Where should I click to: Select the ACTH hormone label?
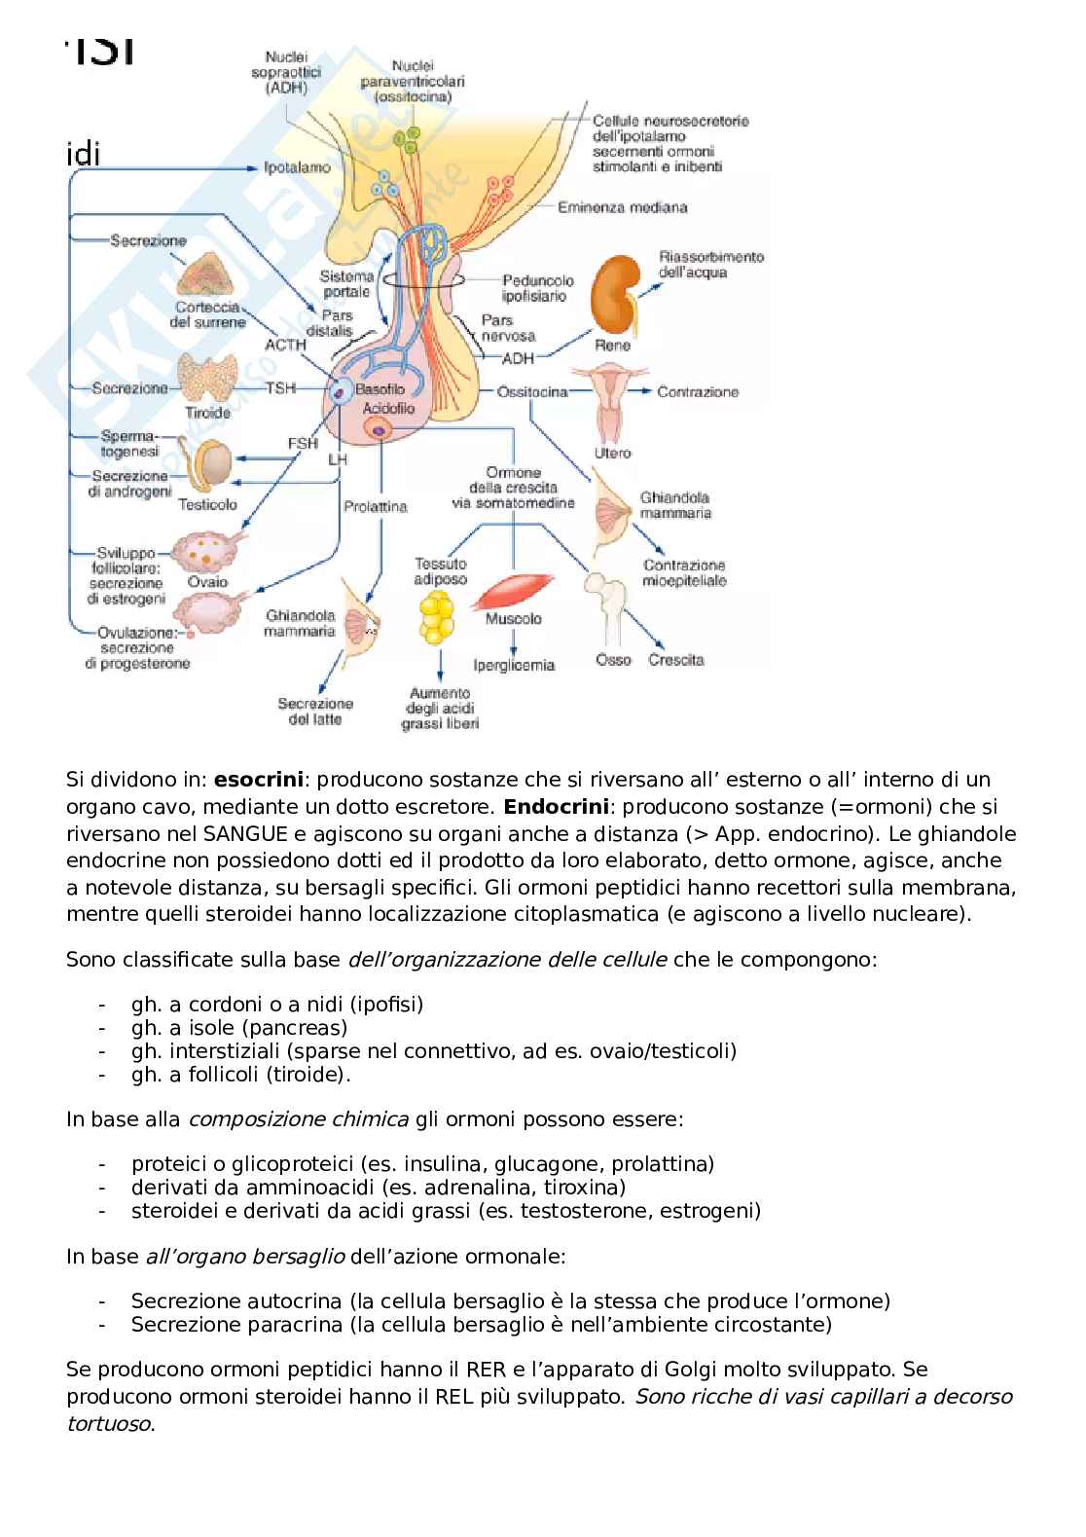point(285,345)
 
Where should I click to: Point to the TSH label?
point(281,387)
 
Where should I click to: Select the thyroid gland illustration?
point(206,380)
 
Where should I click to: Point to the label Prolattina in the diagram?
point(375,506)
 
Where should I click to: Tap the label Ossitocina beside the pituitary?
point(532,391)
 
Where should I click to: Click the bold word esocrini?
point(259,780)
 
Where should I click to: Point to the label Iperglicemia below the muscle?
point(514,665)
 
